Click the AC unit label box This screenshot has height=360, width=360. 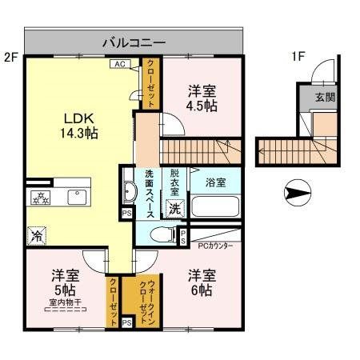click(120, 64)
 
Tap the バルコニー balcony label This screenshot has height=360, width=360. click(134, 42)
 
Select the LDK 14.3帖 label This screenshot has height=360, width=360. click(79, 126)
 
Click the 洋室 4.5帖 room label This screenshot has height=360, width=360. click(202, 98)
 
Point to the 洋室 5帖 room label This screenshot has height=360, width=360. click(65, 282)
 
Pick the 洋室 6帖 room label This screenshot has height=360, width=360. click(202, 282)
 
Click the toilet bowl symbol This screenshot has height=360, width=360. click(162, 234)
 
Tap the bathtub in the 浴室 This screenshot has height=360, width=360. click(215, 206)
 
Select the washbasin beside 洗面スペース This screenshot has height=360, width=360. click(130, 191)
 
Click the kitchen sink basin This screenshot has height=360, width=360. click(77, 197)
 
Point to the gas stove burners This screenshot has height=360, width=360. click(40, 198)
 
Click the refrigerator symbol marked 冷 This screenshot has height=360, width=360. click(37, 236)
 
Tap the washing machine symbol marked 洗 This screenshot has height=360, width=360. click(174, 208)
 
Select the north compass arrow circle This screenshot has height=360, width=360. click(298, 193)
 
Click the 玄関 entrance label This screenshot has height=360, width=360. click(325, 97)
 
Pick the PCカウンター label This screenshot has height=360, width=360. click(215, 246)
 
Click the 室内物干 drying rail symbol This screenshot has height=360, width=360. click(66, 310)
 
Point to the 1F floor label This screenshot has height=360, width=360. click(298, 57)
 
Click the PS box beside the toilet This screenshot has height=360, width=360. click(183, 237)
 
